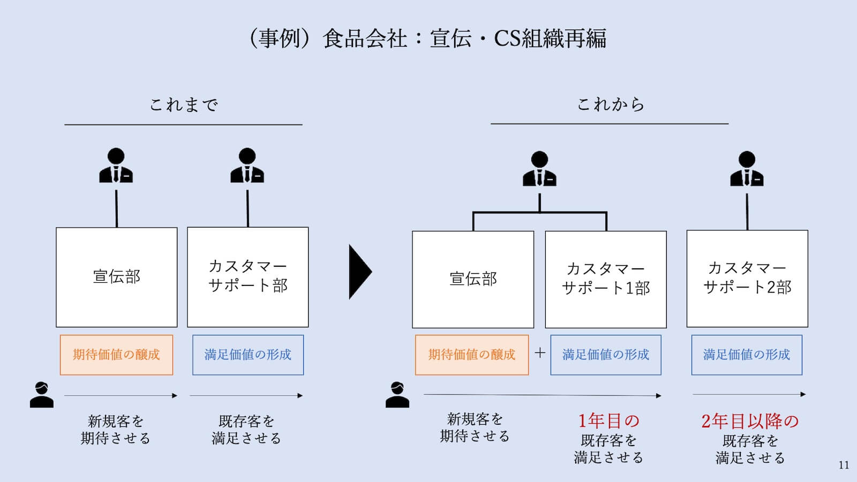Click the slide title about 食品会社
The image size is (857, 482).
tap(427, 39)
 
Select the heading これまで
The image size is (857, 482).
tap(184, 104)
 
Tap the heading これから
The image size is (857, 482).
tap(610, 104)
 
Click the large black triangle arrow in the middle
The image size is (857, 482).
tap(359, 272)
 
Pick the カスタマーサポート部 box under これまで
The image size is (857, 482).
tap(247, 277)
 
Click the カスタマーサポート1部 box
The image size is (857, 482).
tap(606, 279)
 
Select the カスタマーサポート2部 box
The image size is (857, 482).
tap(747, 278)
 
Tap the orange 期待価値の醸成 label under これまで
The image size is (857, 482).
tap(116, 355)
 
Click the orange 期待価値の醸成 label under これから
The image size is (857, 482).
tap(471, 355)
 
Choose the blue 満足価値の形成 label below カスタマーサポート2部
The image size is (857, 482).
tap(747, 355)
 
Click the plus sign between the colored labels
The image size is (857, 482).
tap(540, 353)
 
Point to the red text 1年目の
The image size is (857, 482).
tap(608, 421)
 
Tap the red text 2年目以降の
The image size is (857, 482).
tap(750, 421)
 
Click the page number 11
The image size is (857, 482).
tap(844, 465)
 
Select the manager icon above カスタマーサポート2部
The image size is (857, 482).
tap(747, 169)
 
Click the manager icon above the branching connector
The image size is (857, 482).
tap(539, 169)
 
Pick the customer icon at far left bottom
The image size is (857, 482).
tap(41, 395)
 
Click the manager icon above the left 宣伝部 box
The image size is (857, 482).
tap(116, 166)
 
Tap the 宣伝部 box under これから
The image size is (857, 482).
tap(473, 279)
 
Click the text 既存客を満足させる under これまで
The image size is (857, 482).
tap(246, 430)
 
